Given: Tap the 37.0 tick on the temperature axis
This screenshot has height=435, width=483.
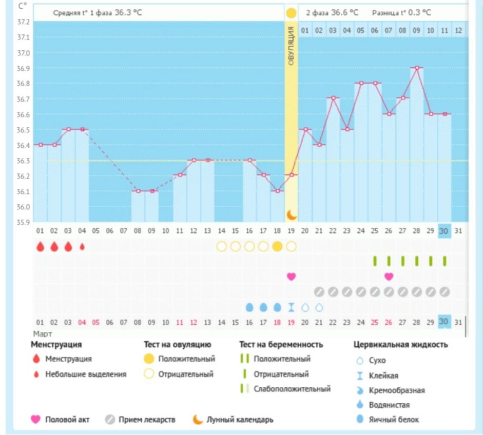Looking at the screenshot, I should [x=24, y=53].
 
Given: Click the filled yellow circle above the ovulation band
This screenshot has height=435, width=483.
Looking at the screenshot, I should [x=291, y=12].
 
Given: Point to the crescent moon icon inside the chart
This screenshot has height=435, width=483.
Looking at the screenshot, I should [x=291, y=214].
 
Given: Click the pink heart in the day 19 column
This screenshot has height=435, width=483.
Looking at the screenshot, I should [x=291, y=276].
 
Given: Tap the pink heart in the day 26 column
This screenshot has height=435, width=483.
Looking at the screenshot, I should [x=389, y=276].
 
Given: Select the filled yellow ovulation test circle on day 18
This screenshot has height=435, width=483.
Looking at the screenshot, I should [x=277, y=246].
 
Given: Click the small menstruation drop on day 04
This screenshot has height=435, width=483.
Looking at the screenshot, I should [x=82, y=246].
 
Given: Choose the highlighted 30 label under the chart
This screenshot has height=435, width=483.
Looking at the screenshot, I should [x=444, y=231].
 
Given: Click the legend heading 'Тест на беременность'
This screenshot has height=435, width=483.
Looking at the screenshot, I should [x=281, y=345].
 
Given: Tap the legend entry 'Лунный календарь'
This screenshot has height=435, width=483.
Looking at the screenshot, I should [x=240, y=420].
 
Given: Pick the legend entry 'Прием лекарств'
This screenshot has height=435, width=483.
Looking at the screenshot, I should [x=147, y=420].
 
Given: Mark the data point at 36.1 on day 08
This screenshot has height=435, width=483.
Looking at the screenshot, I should [x=138, y=191].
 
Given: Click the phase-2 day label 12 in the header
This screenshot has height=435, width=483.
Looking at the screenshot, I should [x=458, y=31].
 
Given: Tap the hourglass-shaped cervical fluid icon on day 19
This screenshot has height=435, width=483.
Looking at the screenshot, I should [x=291, y=307].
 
